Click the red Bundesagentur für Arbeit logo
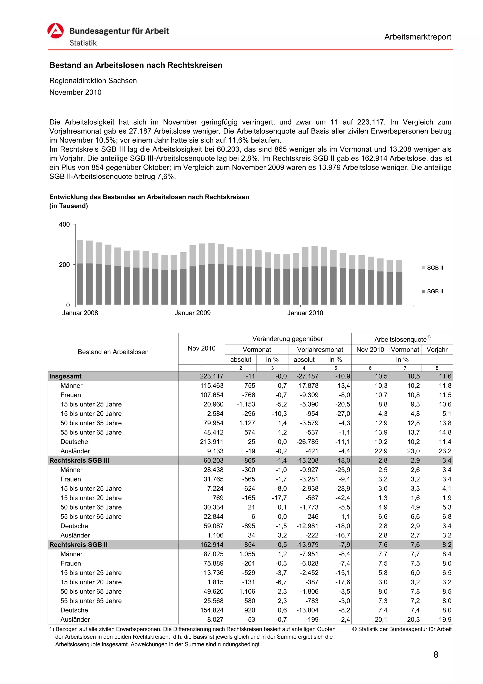[56, 31]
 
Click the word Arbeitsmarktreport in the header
[417, 37]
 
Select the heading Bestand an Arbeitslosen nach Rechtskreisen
[136, 65]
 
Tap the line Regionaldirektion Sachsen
[93, 81]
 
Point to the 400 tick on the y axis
[64, 224]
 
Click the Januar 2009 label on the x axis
[192, 313]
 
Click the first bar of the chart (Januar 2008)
[80, 272]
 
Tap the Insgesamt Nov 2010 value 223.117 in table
[211, 376]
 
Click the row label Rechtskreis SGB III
[79, 460]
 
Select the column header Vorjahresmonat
[320, 350]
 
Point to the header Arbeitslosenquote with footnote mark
[402, 339]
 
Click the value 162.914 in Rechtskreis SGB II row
[211, 545]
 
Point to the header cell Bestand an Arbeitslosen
[113, 352]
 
